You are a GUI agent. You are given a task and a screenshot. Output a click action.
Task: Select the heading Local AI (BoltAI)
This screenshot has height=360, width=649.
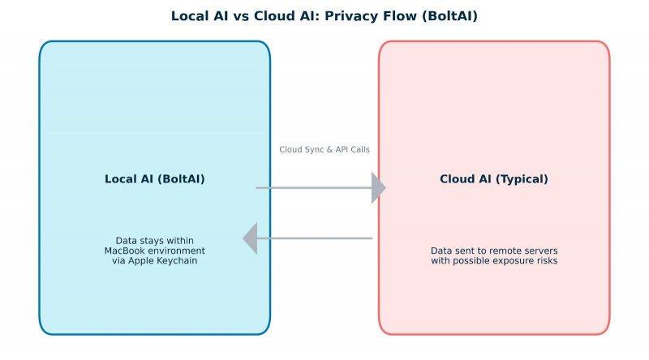pos(155,179)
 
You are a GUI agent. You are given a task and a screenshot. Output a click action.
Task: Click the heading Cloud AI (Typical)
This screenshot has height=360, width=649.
pos(494,179)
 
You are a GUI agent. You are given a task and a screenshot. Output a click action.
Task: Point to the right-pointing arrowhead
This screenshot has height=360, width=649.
pos(378,188)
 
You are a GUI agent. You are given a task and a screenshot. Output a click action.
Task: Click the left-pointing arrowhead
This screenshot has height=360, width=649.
pos(250,238)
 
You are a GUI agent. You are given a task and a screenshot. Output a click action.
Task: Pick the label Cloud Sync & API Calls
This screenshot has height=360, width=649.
pos(324,149)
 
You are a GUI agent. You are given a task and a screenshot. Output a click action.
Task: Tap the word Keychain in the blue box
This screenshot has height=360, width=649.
pos(176,261)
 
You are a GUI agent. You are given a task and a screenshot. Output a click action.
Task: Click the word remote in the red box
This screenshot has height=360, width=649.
pos(508,251)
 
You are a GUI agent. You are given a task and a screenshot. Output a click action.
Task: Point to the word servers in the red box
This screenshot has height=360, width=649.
pos(542,251)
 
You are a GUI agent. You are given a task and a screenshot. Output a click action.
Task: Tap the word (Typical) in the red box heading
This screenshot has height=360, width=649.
pos(521,179)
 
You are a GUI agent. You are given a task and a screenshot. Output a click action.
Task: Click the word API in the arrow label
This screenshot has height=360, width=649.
pos(338,149)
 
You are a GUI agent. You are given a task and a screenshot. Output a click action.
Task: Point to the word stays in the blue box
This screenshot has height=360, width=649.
pos(151,240)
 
